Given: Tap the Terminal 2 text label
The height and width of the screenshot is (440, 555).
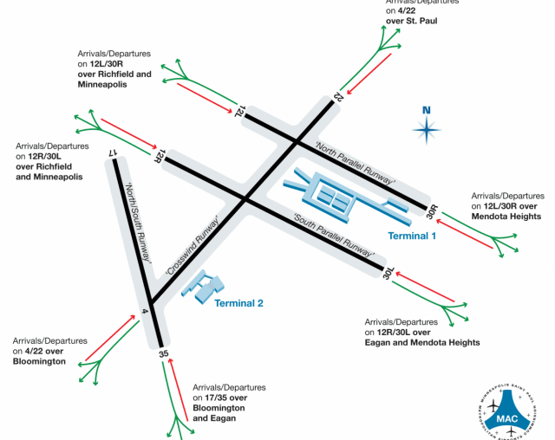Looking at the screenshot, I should pyautogui.click(x=238, y=302).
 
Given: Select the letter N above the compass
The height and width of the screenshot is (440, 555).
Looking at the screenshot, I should pyautogui.click(x=426, y=110).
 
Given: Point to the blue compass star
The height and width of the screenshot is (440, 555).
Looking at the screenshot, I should pyautogui.click(x=426, y=131).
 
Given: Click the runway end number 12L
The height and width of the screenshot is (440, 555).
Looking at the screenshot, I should pyautogui.click(x=240, y=110).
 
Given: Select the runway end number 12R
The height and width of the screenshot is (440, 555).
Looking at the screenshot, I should pyautogui.click(x=159, y=155).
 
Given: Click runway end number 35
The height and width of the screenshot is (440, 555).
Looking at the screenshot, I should pyautogui.click(x=162, y=353).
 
